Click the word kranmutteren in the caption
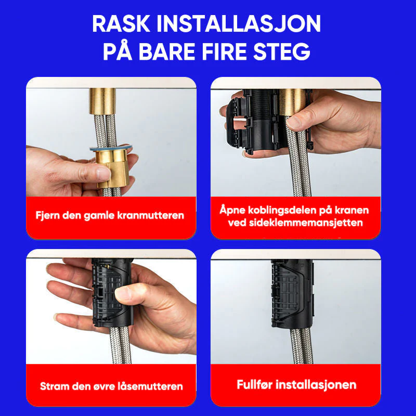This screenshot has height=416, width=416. [154, 215]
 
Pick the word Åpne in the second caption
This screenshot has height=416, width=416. [232, 210]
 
